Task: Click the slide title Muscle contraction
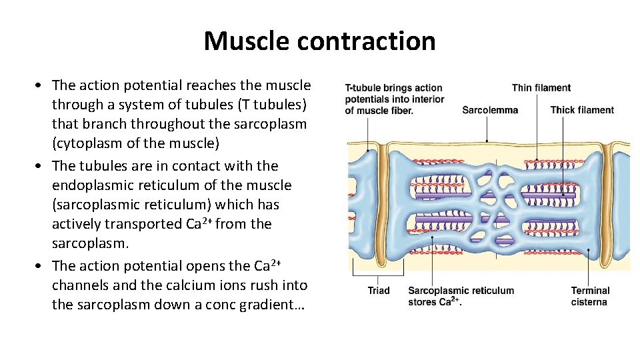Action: pos(319,41)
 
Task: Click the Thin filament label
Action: pos(541,87)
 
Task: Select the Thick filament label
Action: pos(582,110)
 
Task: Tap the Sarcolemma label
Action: pos(489,110)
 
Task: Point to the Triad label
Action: pos(378,291)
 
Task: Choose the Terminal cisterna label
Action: pos(589,296)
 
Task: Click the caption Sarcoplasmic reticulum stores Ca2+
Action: pos(461,296)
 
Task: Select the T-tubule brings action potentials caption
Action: pos(393,99)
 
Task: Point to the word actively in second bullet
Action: pos(79,224)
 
